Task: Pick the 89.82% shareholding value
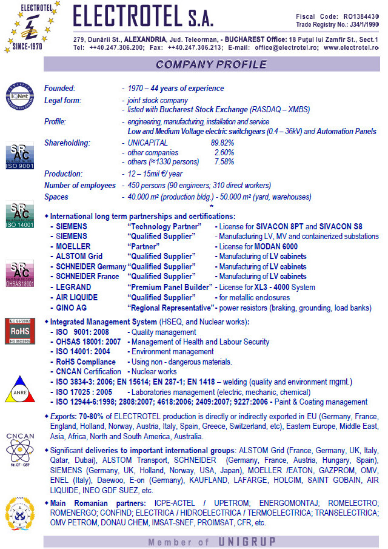point(222,143)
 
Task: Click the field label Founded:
point(59,89)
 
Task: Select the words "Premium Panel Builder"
point(170,287)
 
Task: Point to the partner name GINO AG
point(66,308)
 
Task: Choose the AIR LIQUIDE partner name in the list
point(73,297)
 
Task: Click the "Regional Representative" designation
point(170,308)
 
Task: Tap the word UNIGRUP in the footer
point(247,541)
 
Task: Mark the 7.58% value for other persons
point(224,162)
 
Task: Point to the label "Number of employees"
point(79,185)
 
